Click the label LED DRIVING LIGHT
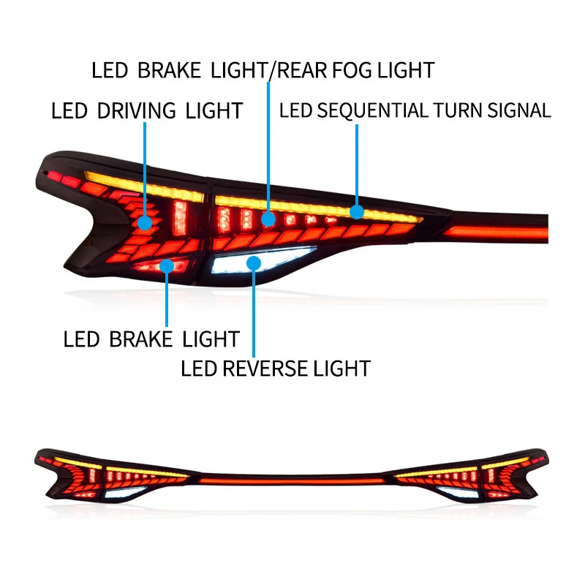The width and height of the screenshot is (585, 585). [146, 111]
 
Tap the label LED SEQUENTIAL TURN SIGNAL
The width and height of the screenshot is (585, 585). [415, 111]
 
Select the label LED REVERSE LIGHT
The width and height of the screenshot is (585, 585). [276, 368]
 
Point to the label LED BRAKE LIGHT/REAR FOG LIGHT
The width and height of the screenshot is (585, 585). [263, 70]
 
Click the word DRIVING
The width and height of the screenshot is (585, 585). [136, 111]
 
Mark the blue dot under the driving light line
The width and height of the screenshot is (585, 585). [146, 222]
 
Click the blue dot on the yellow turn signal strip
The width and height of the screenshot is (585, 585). [357, 212]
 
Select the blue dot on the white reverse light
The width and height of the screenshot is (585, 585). [254, 263]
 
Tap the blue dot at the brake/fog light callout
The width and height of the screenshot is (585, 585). [268, 218]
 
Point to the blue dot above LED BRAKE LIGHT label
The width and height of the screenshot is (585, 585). [167, 266]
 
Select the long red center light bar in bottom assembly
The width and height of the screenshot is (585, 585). [292, 483]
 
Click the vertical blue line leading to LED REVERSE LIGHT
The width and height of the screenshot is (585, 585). [254, 314]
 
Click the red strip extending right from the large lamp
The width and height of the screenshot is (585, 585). [497, 233]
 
